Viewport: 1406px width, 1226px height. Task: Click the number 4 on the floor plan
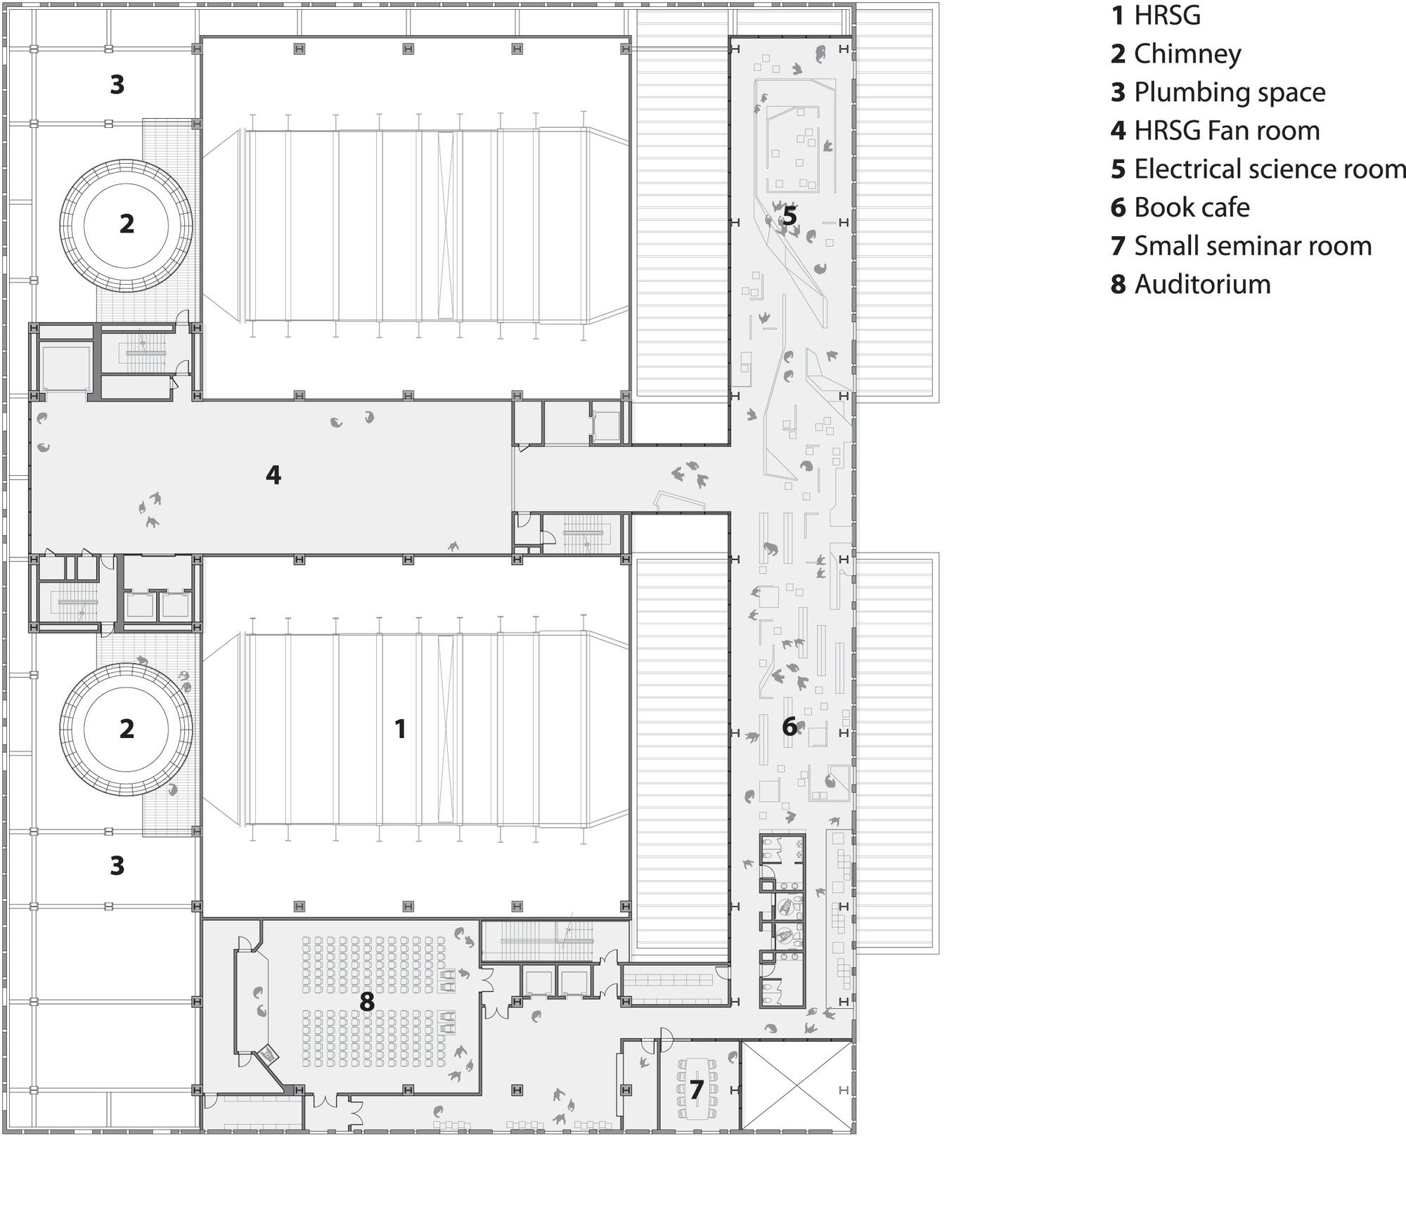273,475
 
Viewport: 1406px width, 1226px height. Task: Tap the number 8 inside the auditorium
367,1002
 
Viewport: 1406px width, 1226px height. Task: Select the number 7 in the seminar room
697,1089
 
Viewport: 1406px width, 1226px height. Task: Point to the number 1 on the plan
400,729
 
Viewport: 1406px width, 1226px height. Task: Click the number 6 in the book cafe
789,726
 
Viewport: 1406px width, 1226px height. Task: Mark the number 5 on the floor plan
789,216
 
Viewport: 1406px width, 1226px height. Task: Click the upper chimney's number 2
127,224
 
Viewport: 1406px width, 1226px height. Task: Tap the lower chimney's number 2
127,729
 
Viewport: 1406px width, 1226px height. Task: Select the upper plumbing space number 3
117,84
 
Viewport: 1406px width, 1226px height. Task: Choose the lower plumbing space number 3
117,865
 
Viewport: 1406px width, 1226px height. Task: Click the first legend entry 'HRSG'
1156,15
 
